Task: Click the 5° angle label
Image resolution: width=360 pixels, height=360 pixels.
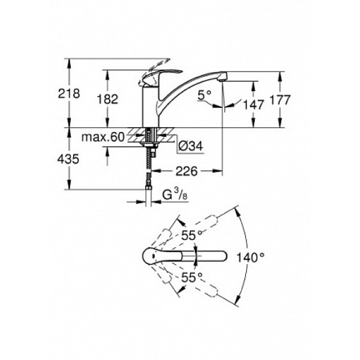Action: (x=206, y=94)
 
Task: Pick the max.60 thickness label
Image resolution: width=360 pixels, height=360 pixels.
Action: (x=103, y=137)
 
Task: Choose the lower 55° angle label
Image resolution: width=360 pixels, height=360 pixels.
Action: (x=191, y=277)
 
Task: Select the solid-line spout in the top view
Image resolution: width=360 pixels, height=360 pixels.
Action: (x=204, y=257)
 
